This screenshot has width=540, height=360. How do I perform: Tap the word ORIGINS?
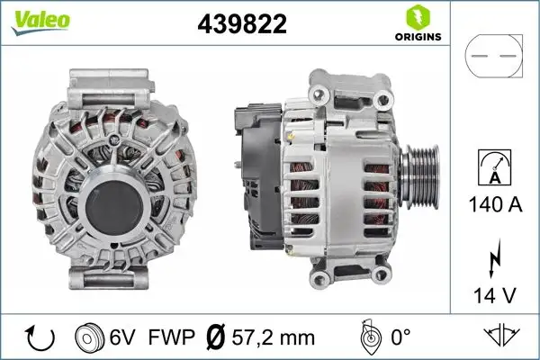(416, 37)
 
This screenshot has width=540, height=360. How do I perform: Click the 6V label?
(124, 338)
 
